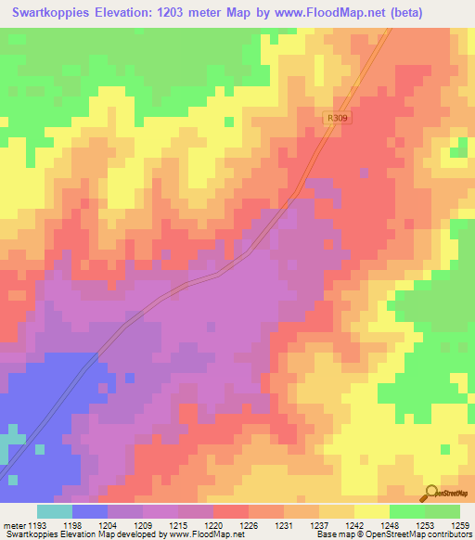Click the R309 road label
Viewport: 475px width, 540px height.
point(337,119)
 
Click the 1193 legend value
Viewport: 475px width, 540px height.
point(37,524)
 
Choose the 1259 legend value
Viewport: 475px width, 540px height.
point(461,524)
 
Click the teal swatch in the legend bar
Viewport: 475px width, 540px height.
point(55,511)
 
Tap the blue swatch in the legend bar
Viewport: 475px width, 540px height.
point(90,511)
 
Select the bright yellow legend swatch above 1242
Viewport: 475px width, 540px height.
point(372,511)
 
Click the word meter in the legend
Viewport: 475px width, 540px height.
point(13,524)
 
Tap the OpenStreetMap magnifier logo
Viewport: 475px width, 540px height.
point(430,492)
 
